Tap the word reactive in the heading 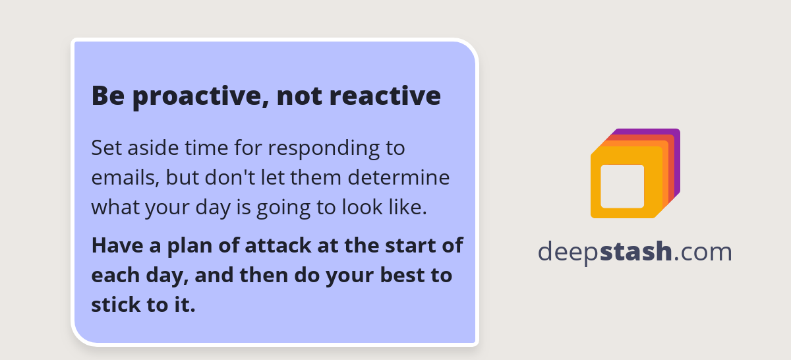[385, 96]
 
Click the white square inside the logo [622, 186]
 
